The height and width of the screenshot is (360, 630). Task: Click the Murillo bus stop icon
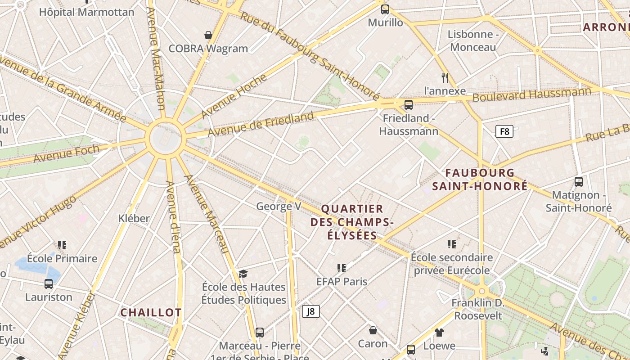pyautogui.click(x=385, y=9)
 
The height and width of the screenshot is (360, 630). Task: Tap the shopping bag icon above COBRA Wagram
pyautogui.click(x=208, y=35)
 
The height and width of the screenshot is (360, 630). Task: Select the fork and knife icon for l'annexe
pyautogui.click(x=445, y=77)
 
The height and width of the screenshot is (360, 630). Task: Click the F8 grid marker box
pyautogui.click(x=504, y=131)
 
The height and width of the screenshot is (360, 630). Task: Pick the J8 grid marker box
pyautogui.click(x=310, y=311)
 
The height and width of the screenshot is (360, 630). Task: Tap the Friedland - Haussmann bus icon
pyautogui.click(x=409, y=105)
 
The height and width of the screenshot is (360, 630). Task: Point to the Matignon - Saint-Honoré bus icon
pyautogui.click(x=579, y=182)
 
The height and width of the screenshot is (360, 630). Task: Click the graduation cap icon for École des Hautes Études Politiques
pyautogui.click(x=243, y=274)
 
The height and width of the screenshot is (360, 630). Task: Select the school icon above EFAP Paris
pyautogui.click(x=342, y=268)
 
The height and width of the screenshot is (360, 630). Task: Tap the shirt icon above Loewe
pyautogui.click(x=439, y=333)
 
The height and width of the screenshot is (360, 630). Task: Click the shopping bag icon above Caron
pyautogui.click(x=373, y=331)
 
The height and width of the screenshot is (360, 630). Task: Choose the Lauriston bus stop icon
pyautogui.click(x=49, y=284)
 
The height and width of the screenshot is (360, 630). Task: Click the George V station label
pyautogui.click(x=279, y=207)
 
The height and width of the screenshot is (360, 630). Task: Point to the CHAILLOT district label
pyautogui.click(x=151, y=313)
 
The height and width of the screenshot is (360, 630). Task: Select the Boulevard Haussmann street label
pyautogui.click(x=532, y=95)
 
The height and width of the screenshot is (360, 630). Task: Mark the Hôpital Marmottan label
pyautogui.click(x=86, y=12)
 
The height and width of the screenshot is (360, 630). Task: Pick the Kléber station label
pyautogui.click(x=134, y=219)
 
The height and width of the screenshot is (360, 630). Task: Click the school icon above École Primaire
pyautogui.click(x=62, y=245)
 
